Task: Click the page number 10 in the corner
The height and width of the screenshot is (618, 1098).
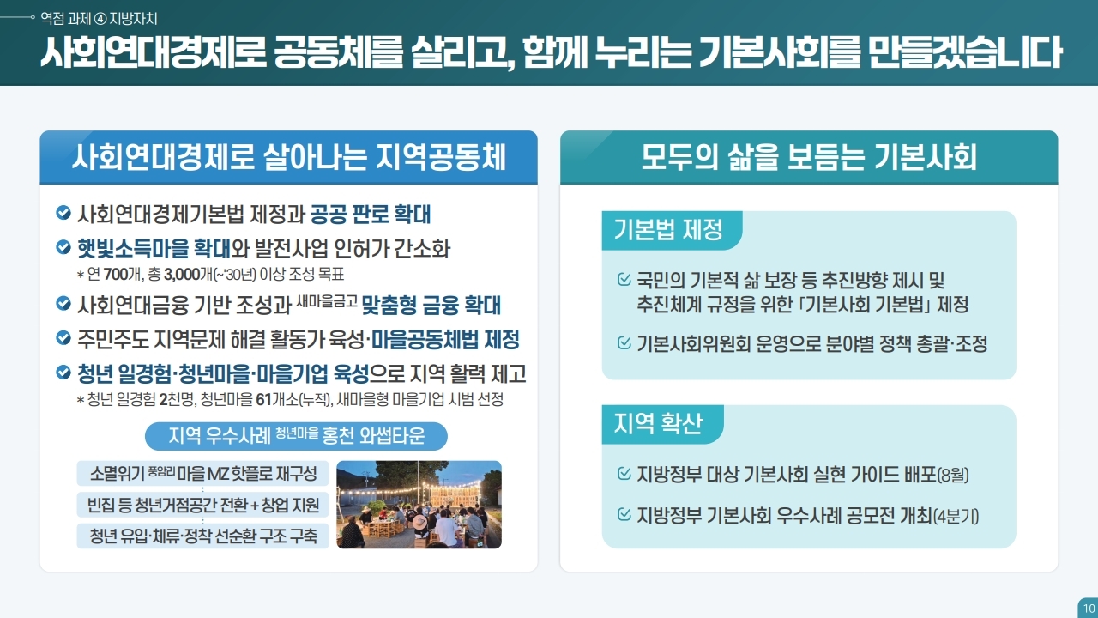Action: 1089,609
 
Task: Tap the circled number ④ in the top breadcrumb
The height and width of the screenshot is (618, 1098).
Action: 100,19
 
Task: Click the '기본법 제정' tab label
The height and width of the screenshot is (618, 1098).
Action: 668,229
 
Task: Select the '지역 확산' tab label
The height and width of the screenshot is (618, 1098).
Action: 658,423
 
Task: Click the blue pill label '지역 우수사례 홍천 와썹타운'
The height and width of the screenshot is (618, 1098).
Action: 296,436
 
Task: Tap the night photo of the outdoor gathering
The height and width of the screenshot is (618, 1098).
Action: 419,504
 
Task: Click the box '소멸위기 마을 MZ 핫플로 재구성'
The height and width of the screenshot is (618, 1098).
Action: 203,473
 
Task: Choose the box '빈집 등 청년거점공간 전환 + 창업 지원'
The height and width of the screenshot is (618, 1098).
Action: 203,505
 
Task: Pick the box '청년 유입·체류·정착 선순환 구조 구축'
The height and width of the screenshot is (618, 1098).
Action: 203,536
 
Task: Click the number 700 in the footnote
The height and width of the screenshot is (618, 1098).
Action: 116,274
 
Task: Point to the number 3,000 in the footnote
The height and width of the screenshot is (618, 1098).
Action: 182,274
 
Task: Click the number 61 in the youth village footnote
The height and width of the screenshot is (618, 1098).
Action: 263,400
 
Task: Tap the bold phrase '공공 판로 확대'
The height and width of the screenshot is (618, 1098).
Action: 371,215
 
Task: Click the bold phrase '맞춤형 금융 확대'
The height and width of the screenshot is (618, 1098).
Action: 431,305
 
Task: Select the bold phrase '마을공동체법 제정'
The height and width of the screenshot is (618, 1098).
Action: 445,339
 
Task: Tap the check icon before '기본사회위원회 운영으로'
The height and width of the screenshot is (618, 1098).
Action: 624,342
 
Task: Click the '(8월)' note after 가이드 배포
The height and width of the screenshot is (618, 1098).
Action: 953,475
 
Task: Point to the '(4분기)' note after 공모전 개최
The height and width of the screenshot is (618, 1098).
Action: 956,516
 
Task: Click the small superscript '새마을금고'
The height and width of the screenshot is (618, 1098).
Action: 327,300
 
